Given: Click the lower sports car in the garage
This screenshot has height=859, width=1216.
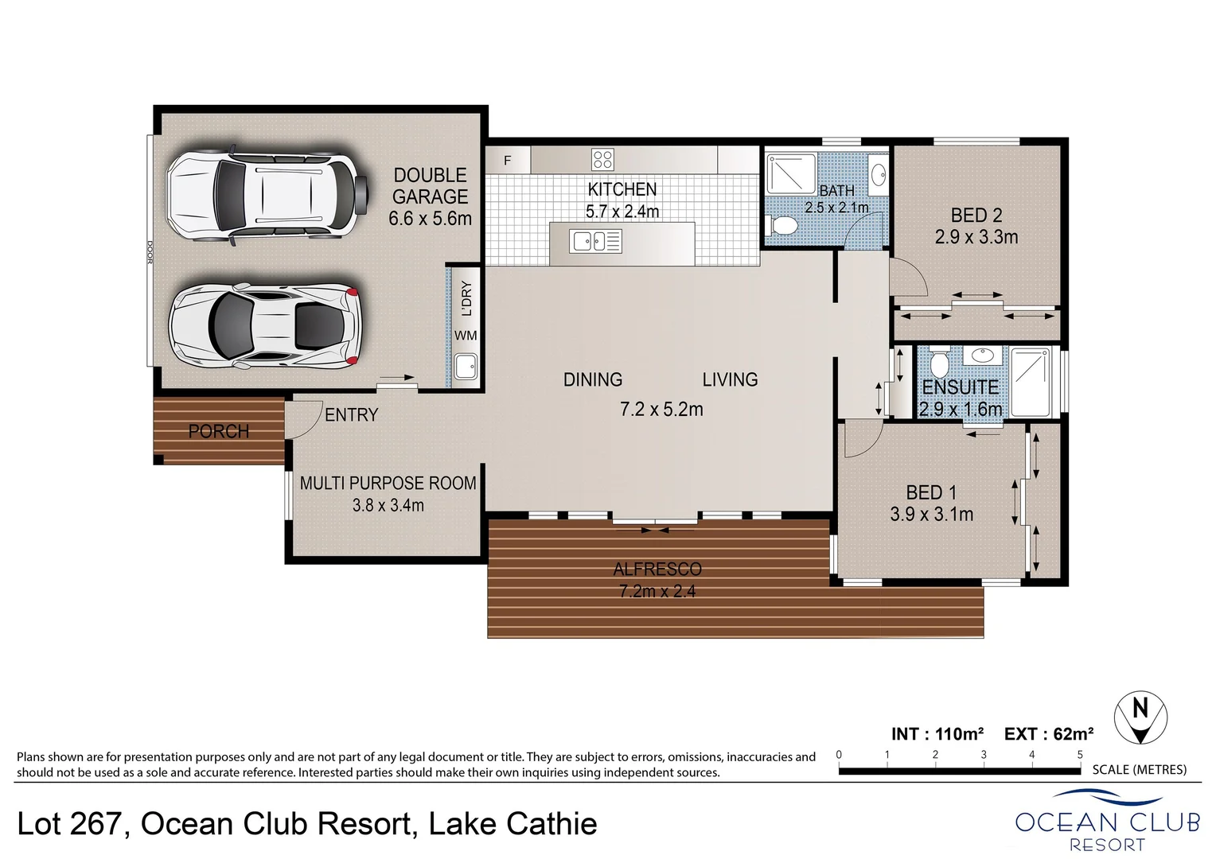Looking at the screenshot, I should point(265,326).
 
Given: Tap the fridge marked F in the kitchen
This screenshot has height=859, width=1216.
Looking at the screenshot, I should point(508,161).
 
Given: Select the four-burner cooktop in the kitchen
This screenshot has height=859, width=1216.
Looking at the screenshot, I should point(602,159).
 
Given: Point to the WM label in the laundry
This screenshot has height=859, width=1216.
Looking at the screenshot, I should point(466,336).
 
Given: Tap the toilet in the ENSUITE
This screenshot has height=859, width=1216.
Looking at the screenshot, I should point(939,364).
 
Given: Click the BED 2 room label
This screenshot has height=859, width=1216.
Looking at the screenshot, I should point(976,216).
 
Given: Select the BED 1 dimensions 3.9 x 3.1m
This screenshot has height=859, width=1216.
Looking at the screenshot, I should point(931,515).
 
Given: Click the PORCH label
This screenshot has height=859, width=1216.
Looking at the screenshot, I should point(219,431).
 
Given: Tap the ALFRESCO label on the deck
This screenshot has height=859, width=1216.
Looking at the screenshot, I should point(657,569).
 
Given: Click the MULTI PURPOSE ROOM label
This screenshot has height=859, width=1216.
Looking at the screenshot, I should point(388,483).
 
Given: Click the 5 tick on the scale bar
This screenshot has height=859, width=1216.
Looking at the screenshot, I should point(1080,756).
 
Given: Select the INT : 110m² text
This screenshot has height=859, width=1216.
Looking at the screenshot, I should point(937,733).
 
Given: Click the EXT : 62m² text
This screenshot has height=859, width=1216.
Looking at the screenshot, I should point(1048,733).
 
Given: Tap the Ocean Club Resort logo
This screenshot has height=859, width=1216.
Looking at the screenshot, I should point(1107,821).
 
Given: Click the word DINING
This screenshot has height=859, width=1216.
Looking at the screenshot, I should point(593,380).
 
